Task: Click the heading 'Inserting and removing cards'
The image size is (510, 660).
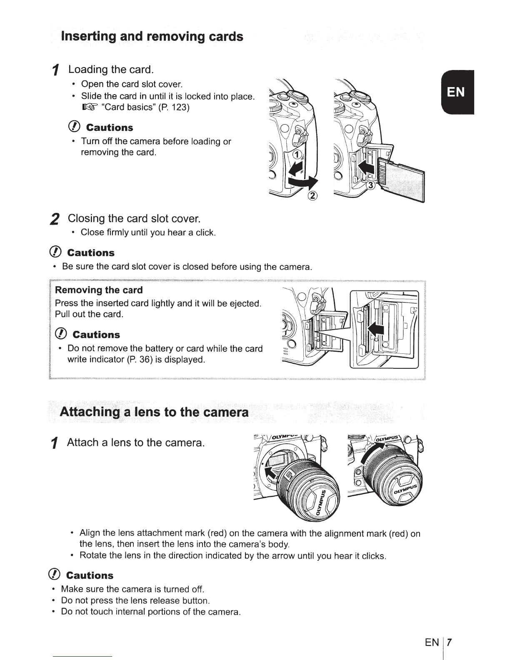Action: (152, 36)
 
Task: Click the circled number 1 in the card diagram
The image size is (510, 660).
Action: (297, 155)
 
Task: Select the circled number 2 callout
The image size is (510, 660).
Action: (312, 197)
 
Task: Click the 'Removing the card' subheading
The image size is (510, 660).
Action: (99, 290)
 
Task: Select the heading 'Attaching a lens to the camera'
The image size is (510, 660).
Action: (155, 412)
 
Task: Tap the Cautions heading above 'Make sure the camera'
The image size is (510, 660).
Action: (90, 575)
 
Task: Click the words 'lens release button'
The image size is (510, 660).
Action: (175, 600)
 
